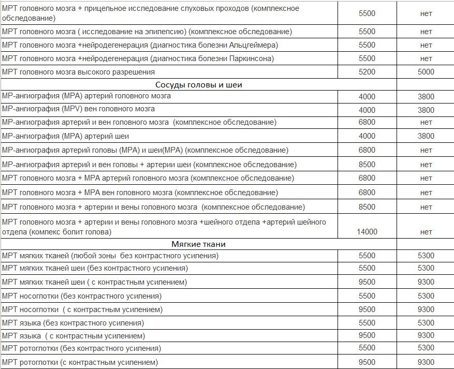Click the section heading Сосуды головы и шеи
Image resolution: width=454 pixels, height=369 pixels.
(x=199, y=85)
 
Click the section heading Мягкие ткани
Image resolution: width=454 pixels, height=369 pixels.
(x=198, y=244)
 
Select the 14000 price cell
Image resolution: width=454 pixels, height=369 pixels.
(x=367, y=232)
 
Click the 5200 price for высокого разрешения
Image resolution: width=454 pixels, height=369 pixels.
(x=367, y=72)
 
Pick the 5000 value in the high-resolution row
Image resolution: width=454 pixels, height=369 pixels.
(x=426, y=72)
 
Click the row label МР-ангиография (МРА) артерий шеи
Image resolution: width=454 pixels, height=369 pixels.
(x=66, y=136)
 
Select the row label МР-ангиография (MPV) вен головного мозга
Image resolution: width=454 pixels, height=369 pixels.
(x=79, y=109)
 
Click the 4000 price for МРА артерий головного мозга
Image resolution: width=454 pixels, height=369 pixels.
(x=367, y=96)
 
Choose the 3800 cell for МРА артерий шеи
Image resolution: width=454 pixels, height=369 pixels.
(x=426, y=136)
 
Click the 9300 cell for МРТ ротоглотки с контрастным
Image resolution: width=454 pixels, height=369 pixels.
(x=426, y=362)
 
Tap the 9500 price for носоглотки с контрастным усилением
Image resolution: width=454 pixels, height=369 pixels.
(x=367, y=309)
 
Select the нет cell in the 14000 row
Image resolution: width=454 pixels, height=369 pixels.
(x=426, y=232)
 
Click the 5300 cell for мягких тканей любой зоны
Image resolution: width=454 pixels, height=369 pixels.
(x=426, y=256)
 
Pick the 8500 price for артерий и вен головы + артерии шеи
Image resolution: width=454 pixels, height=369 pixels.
(x=367, y=165)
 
